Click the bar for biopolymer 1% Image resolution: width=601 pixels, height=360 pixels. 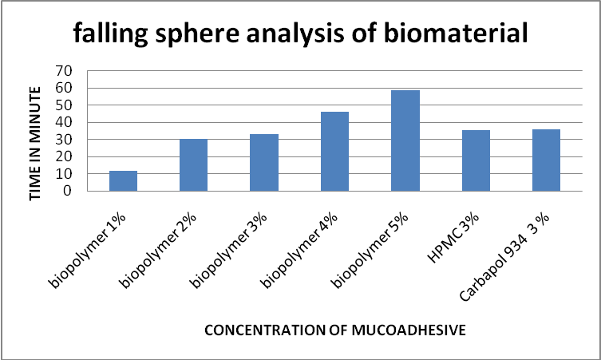point(123,181)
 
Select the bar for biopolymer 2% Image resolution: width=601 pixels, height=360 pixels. point(193,165)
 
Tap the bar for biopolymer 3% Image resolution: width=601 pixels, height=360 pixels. point(264,163)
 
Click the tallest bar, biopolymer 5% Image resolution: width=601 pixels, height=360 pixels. point(405,140)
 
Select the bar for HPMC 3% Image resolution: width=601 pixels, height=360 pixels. point(476,160)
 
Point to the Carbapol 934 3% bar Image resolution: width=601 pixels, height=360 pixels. point(546,160)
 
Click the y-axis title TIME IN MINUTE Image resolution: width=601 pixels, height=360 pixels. point(34,133)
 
